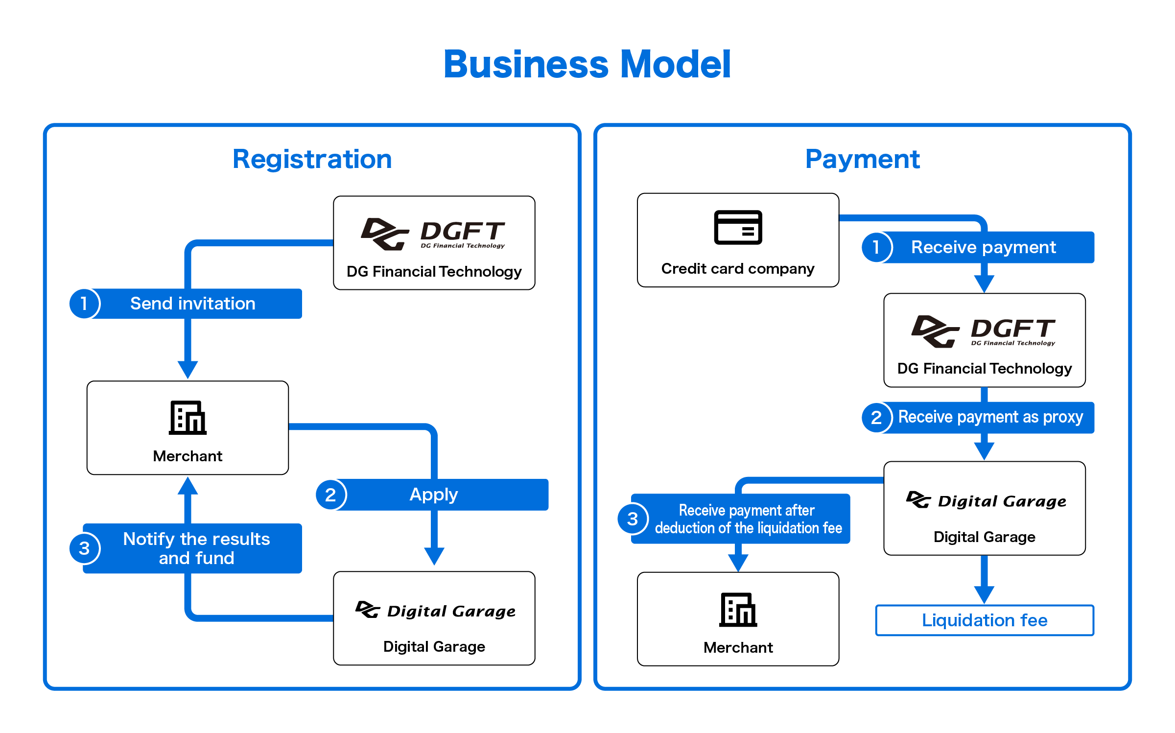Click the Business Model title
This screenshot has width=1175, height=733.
coord(587,64)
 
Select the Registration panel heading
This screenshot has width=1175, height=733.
coord(312,159)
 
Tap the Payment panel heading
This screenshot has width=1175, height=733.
coord(863,159)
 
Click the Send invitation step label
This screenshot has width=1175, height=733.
coord(193,304)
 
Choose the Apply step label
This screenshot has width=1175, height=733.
coord(434,495)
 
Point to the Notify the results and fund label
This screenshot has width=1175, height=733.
coord(196,548)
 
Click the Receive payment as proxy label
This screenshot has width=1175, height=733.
coord(990,417)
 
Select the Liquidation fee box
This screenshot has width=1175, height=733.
coord(985,620)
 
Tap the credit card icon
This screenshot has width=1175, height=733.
coord(738,227)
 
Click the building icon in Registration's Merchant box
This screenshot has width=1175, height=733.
coord(188,418)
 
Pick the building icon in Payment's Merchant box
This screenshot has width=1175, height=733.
coord(738,610)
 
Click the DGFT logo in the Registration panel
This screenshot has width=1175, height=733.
coord(433,234)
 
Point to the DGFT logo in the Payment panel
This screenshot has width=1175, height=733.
coord(984,331)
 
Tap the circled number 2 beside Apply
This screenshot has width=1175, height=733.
coord(330,495)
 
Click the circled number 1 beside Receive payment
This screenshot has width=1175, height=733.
coord(876,247)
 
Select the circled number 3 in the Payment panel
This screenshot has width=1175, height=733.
coord(633,519)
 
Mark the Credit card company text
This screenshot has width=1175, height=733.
coord(738,268)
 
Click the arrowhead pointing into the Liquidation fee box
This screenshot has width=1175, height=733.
coord(984,595)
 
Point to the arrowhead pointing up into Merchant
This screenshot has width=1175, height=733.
coord(188,486)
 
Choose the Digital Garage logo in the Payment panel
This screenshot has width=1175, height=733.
coord(986,500)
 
